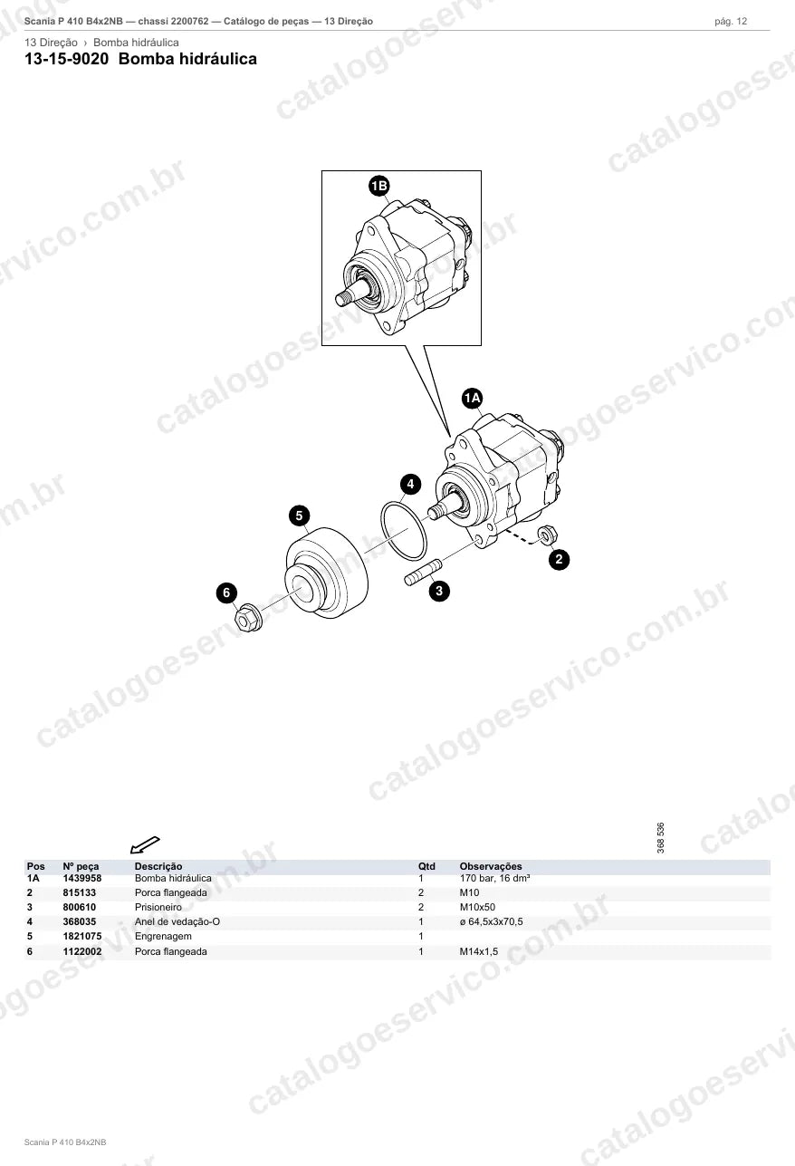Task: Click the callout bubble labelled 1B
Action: pos(378,186)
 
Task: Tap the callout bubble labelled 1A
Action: pos(472,399)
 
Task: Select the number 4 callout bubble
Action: pos(410,485)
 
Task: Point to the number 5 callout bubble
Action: pos(299,516)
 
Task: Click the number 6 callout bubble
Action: pos(226,593)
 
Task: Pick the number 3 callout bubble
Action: pos(439,591)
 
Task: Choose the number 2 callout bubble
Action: pos(559,560)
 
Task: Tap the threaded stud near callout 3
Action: pos(423,572)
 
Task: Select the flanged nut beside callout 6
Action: pos(248,617)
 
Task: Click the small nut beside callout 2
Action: pos(547,535)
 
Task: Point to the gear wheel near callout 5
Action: pos(327,573)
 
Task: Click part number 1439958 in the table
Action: pos(82,878)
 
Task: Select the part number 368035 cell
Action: pos(79,921)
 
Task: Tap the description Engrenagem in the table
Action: pos(163,936)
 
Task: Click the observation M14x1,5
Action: pos(479,951)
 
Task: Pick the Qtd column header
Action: pos(426,866)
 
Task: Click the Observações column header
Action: pos(491,866)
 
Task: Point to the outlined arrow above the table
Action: pos(145,845)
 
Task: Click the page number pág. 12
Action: pos(731,22)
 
